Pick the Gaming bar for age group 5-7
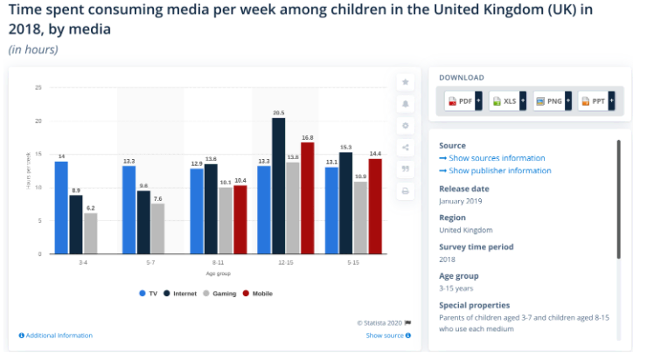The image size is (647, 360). [x=157, y=228]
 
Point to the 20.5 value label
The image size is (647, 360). [x=278, y=113]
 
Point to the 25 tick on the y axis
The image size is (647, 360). [x=38, y=87]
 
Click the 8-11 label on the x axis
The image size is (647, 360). [x=219, y=262]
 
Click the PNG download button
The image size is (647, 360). [x=552, y=101]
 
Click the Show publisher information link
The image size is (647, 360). [x=498, y=170]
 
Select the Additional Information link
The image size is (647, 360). [x=57, y=336]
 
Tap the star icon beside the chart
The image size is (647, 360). [x=406, y=81]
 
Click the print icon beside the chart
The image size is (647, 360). [x=406, y=190]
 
